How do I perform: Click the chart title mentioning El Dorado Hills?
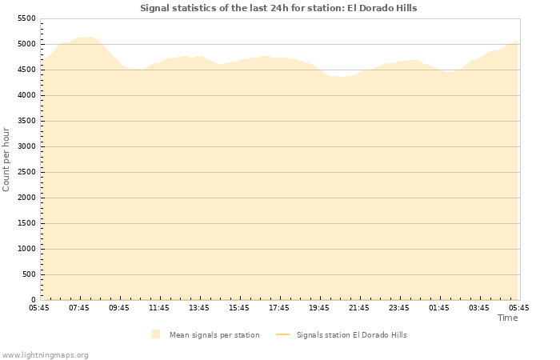tap(278, 8)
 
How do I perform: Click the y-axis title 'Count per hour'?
tap(6, 158)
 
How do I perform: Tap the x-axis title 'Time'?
tap(507, 318)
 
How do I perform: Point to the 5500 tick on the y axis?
tap(26, 18)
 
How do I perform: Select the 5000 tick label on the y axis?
tap(26, 44)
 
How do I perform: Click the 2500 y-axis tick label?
tap(26, 172)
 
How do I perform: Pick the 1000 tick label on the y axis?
tap(26, 249)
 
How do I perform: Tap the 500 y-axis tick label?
tap(29, 274)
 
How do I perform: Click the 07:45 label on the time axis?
tap(79, 307)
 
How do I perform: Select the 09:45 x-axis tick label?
tap(119, 307)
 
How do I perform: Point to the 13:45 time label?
tap(199, 307)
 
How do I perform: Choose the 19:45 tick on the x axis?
tap(319, 307)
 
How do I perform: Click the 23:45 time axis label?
tap(399, 307)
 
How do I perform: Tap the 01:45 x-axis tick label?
tap(439, 307)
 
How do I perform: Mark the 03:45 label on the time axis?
tap(479, 307)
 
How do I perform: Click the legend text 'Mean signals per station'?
tap(214, 334)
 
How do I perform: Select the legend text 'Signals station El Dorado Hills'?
tap(351, 334)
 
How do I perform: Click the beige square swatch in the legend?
tap(155, 334)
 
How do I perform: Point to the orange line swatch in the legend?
tap(282, 334)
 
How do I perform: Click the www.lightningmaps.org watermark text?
tap(45, 354)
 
